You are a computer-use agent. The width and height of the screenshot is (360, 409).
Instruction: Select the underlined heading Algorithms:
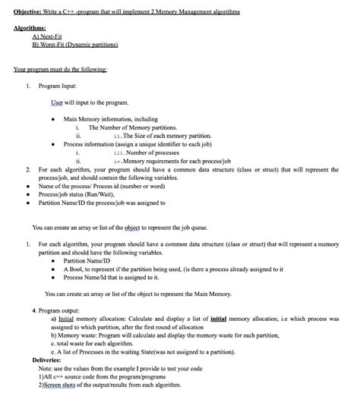click(x=31, y=27)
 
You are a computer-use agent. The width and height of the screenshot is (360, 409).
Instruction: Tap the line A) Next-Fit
click(x=49, y=36)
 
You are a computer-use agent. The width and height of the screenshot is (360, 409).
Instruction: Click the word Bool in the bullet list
click(x=81, y=269)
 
